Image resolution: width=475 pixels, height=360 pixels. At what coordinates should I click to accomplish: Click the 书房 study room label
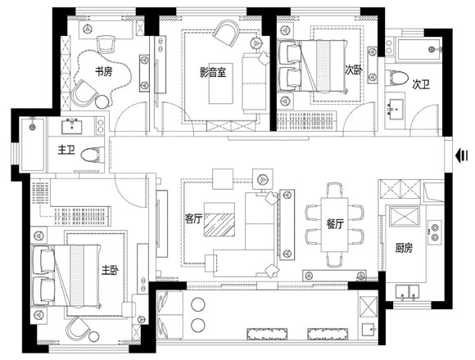tap(104, 72)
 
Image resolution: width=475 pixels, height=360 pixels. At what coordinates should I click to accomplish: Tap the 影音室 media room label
tap(213, 72)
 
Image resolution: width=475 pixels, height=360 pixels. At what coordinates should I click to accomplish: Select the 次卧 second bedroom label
tap(354, 70)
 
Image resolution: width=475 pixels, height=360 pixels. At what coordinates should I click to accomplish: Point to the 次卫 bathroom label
tap(420, 85)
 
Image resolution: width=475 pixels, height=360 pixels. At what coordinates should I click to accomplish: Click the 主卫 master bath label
tap(66, 150)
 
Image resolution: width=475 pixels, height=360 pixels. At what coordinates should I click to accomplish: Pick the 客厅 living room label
tap(193, 218)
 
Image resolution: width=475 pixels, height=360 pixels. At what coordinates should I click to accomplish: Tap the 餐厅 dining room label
tap(335, 224)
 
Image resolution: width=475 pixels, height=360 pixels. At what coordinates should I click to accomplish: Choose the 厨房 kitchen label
tap(404, 248)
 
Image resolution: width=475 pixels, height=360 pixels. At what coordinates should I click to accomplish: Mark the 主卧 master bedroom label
tap(110, 270)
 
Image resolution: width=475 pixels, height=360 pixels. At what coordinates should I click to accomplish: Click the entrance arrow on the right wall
tap(462, 155)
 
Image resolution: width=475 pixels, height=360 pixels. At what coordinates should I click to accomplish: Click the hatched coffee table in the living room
tap(219, 219)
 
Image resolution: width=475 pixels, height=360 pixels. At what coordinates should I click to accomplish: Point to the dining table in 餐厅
tap(335, 224)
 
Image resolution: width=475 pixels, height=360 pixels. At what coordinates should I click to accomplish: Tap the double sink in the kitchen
tap(408, 292)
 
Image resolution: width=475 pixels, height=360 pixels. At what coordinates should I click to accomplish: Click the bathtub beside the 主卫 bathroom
tap(33, 144)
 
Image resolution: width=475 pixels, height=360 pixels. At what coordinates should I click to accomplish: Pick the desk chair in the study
tap(106, 44)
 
